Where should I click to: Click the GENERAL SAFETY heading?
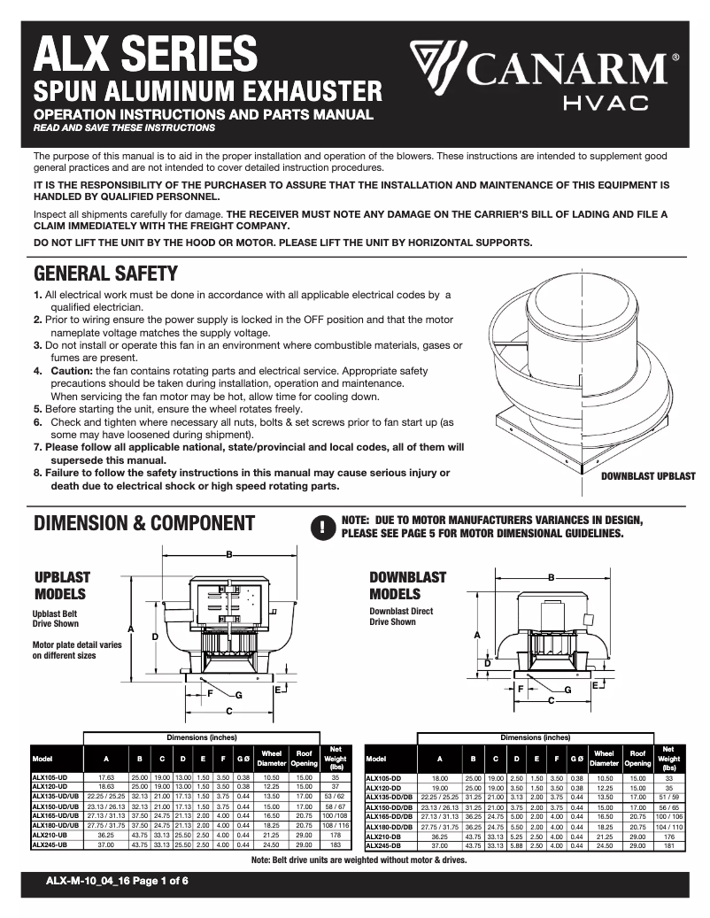click(x=105, y=273)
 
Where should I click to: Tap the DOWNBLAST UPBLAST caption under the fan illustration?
click(x=648, y=476)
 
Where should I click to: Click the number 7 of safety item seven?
click(x=36, y=447)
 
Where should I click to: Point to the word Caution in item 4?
click(x=72, y=370)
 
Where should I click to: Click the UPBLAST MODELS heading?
click(x=61, y=585)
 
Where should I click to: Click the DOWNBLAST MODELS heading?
click(x=408, y=585)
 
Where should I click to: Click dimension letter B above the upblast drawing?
click(x=229, y=554)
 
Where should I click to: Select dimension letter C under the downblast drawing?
click(x=551, y=700)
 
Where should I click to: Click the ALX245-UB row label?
click(x=50, y=845)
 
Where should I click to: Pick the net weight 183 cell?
click(x=336, y=845)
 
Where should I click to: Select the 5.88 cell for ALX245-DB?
click(x=517, y=845)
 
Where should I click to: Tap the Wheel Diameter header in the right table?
click(x=604, y=758)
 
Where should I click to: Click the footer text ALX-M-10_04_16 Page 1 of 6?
click(x=117, y=880)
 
